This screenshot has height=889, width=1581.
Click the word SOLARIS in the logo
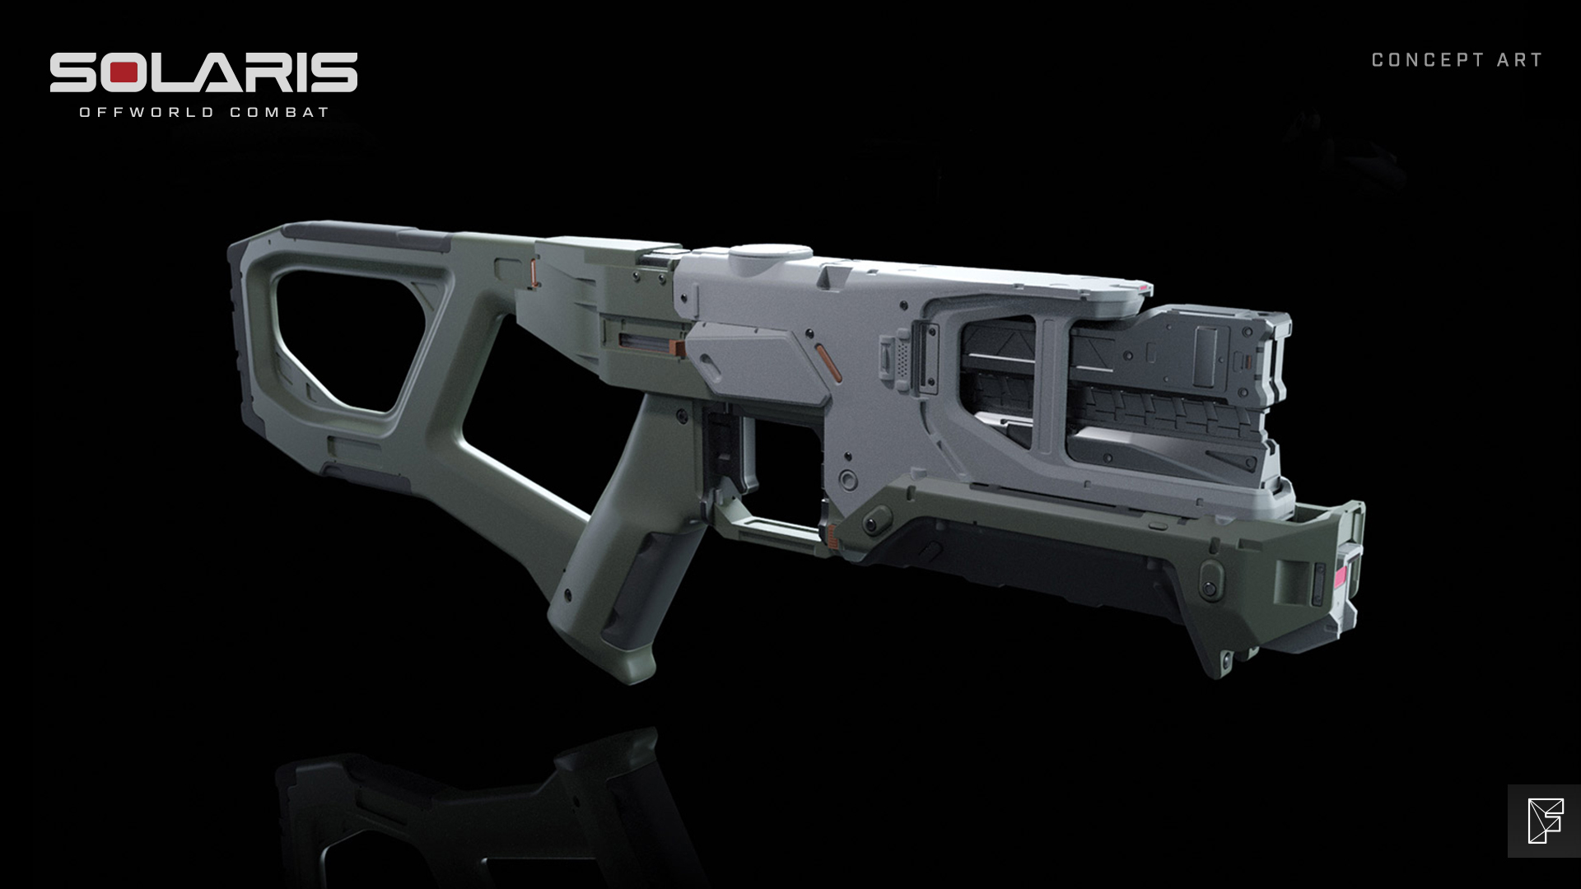tap(203, 73)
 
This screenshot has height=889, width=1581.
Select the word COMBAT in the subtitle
tap(280, 112)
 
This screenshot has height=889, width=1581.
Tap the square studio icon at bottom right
tap(1544, 821)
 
